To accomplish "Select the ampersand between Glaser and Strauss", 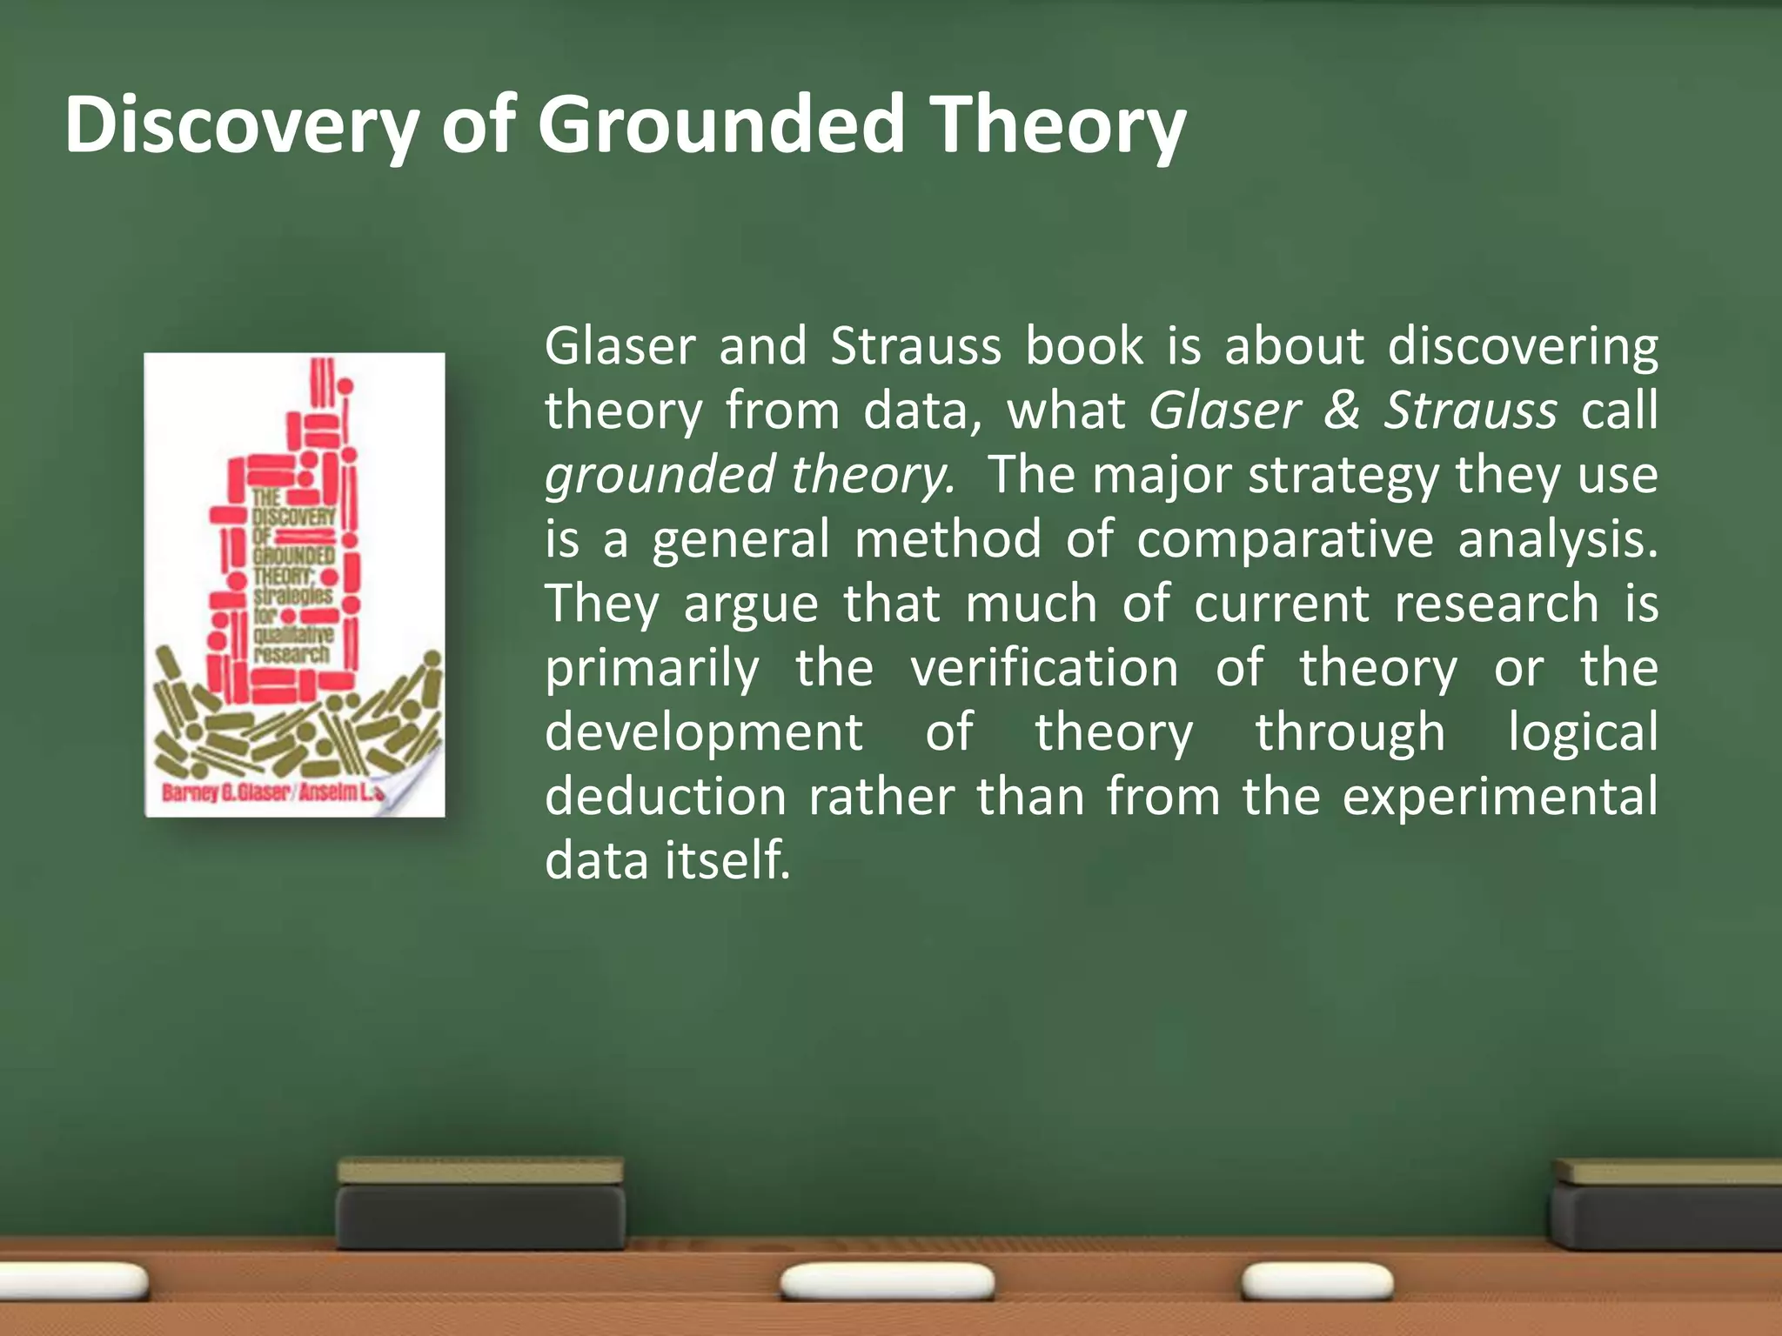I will [1341, 411].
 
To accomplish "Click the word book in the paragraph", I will [1083, 346].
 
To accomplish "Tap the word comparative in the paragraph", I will [1284, 539].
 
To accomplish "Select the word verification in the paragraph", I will [1044, 668].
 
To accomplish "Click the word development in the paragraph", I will [703, 732].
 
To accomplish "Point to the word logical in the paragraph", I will [1583, 732].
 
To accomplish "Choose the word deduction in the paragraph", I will [666, 797].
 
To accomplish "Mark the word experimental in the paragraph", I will [1499, 797].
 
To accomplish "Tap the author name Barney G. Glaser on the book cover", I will [224, 793].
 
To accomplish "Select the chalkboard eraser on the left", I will [480, 1204].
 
